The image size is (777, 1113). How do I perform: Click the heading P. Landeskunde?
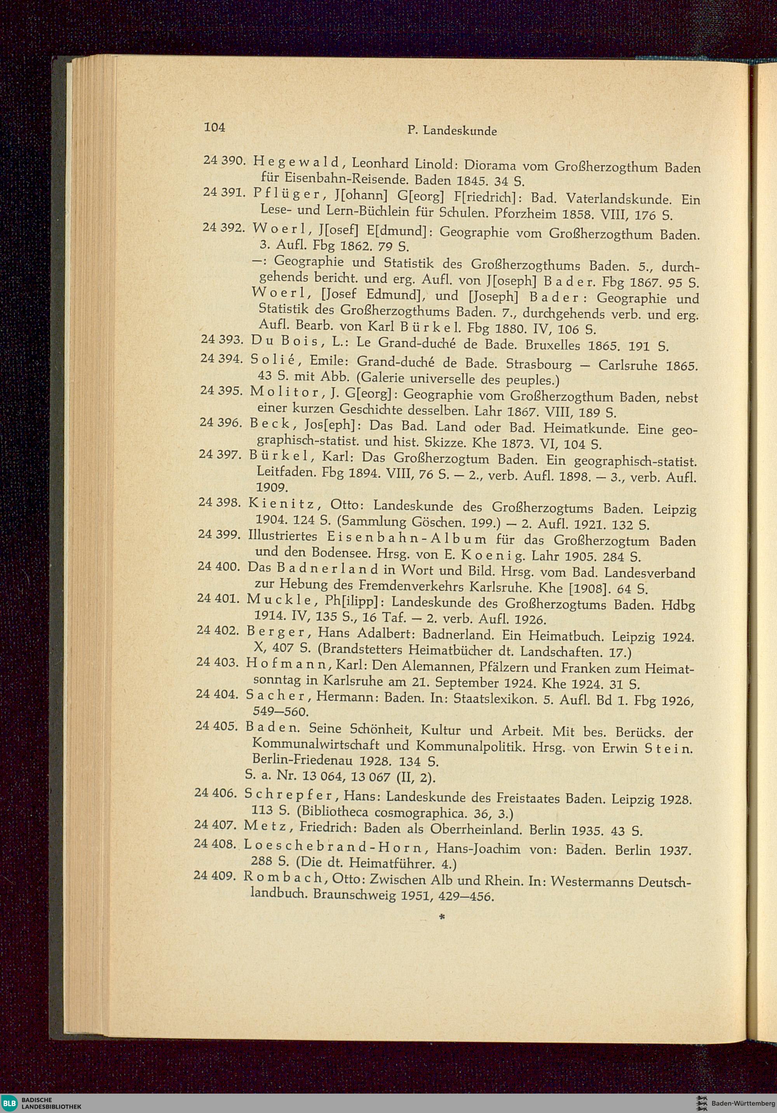[x=452, y=131]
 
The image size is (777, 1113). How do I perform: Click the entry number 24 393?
[x=221, y=340]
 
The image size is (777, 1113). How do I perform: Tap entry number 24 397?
[x=220, y=455]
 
